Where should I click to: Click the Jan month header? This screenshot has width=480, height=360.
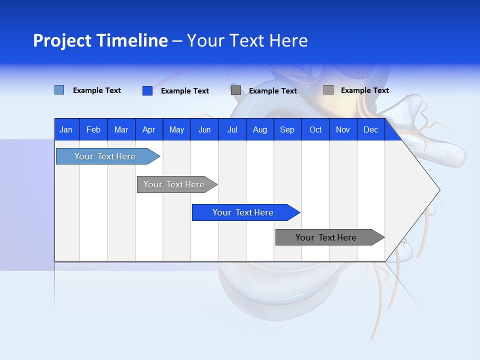pos(66,129)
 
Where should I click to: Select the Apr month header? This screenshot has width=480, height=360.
pos(148,129)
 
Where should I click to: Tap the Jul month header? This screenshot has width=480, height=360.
pos(232,129)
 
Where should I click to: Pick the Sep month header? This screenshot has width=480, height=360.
pos(287,129)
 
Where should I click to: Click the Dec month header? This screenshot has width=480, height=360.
pos(370,129)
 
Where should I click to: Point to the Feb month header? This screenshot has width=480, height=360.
pos(93,129)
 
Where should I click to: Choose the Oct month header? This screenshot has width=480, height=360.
pos(315,129)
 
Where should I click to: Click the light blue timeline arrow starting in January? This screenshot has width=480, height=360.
pos(105,156)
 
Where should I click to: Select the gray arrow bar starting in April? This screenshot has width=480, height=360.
pos(174,184)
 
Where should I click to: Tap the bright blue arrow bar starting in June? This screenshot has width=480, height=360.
pos(243,212)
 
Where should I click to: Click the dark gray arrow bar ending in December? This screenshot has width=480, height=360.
pos(326,237)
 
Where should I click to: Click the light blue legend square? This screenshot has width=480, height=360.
pos(59,90)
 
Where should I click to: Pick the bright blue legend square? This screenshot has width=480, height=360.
pos(147,90)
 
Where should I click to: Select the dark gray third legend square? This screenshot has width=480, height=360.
pos(236,90)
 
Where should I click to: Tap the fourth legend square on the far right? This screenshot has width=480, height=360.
pos(328,89)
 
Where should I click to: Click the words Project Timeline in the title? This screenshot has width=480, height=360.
pos(100,40)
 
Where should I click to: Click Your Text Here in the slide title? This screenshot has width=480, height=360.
pos(247,40)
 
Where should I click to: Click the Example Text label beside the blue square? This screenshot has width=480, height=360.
pos(185,91)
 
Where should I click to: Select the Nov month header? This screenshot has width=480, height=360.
pos(343,129)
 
